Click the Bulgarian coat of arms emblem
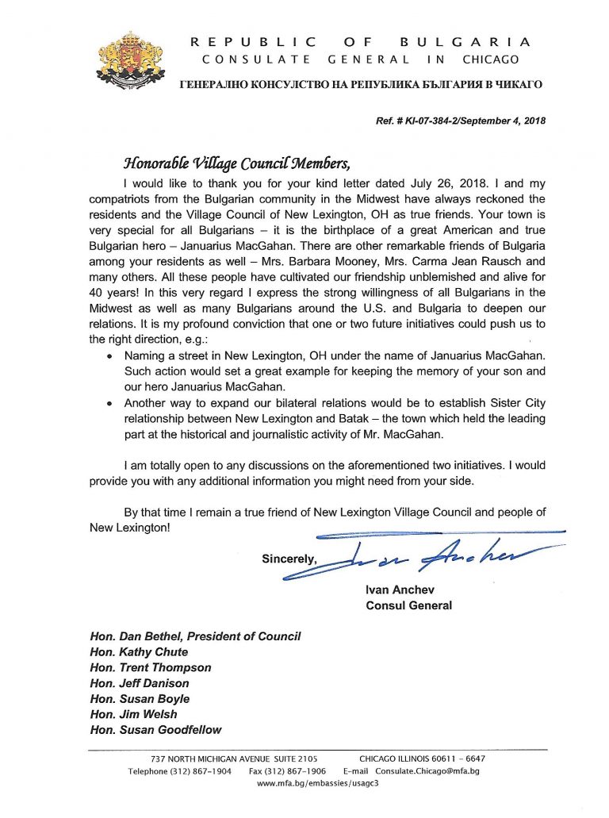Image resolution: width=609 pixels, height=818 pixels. pyautogui.click(x=130, y=57)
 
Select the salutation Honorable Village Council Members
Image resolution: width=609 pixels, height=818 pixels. pyautogui.click(x=236, y=164)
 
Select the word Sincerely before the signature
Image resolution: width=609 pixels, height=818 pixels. pyautogui.click(x=289, y=559)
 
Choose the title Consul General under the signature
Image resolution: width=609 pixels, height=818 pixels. pyautogui.click(x=408, y=606)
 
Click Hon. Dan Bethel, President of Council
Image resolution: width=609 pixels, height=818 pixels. pyautogui.click(x=195, y=636)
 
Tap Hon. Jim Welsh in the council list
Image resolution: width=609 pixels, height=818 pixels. pyautogui.click(x=136, y=714)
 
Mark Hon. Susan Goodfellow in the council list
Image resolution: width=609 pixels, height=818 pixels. pyautogui.click(x=155, y=730)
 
